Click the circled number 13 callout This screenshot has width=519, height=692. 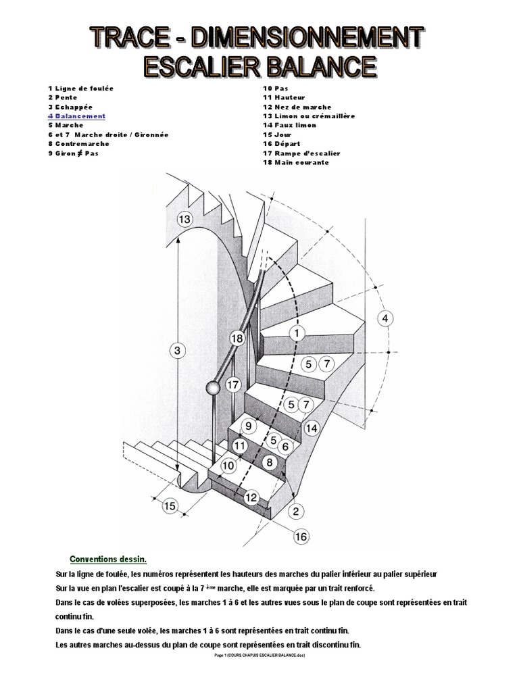point(184,218)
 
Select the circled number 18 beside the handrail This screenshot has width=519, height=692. point(237,338)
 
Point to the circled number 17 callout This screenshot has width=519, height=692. point(233,386)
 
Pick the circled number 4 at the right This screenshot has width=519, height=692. point(385,318)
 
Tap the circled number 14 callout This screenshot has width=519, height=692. point(312,428)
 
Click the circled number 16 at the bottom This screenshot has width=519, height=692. point(301,537)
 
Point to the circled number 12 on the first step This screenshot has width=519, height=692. point(251,497)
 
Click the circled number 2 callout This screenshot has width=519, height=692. point(295,511)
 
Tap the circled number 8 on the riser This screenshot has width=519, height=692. point(269,463)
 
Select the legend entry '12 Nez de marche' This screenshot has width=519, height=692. point(297,107)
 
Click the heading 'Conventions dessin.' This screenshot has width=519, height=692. point(108,559)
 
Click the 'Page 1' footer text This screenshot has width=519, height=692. point(259,656)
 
